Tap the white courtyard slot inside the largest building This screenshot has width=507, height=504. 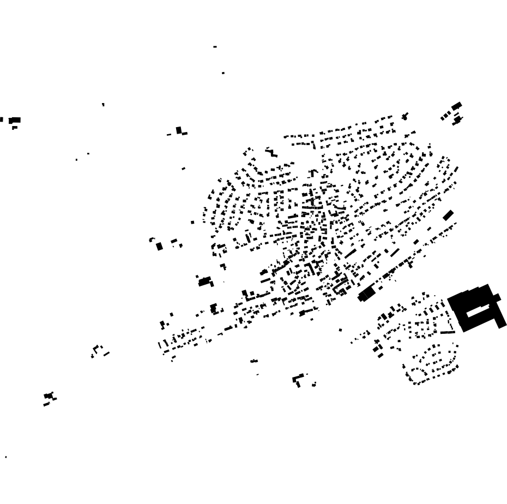coord(478,310)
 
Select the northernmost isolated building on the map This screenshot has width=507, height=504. coord(215,47)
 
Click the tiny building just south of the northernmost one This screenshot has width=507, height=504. coord(223,73)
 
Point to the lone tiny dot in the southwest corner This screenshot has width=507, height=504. coord(6,457)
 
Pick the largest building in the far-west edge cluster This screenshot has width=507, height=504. coord(15,120)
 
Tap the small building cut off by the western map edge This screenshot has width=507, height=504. coord(1,119)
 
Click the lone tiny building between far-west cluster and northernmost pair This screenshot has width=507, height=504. coord(103,104)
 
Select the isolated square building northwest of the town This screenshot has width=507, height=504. coord(179,130)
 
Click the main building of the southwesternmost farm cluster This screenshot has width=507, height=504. coord(49,395)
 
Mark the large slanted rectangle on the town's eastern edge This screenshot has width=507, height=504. coord(448,215)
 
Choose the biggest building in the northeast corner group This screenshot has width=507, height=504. coord(457,106)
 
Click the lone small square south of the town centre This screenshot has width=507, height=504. coord(341,330)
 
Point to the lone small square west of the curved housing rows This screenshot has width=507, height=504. coord(192,222)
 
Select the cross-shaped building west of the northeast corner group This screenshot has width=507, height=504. coord(405,116)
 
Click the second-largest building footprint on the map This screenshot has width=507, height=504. coord(367,293)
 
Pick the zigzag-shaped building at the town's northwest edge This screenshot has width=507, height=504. coord(271,152)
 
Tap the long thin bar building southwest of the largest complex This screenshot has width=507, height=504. coord(448,332)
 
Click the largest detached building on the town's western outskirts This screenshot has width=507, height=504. coord(205,281)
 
